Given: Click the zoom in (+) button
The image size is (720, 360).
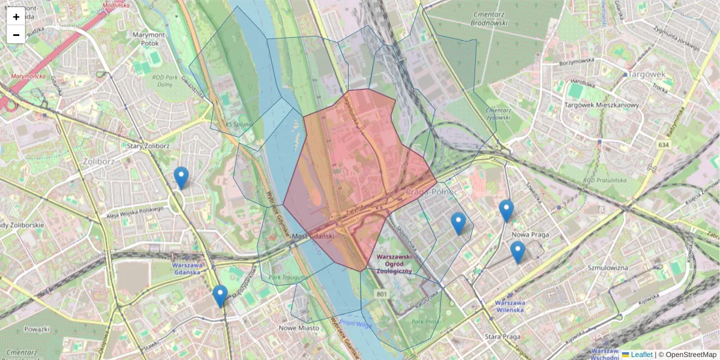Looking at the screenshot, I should (16, 16).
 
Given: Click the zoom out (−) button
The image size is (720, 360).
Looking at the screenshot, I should (16, 35).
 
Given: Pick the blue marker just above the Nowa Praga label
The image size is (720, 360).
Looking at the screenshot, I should (506, 211).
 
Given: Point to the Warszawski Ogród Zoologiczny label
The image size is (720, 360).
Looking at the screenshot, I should (394, 264).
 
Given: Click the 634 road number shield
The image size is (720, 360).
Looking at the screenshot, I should (663, 145).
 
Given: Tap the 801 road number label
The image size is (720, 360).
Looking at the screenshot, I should (382, 294).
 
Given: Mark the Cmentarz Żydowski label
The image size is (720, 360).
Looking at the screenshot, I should (498, 114).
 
